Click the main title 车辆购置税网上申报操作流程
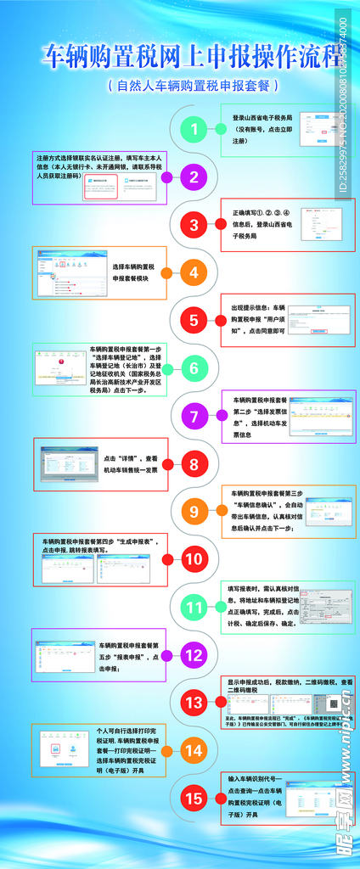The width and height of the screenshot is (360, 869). pyautogui.click(x=180, y=56)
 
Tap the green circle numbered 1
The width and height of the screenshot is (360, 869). pyautogui.click(x=194, y=130)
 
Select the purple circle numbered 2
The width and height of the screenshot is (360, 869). pyautogui.click(x=194, y=177)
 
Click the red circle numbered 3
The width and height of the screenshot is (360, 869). pyautogui.click(x=194, y=225)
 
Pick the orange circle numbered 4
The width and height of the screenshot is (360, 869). pyautogui.click(x=194, y=273)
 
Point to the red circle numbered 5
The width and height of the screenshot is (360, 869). pyautogui.click(x=194, y=321)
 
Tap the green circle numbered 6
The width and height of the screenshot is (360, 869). pyautogui.click(x=194, y=368)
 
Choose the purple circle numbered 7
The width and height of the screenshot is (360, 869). pyautogui.click(x=194, y=417)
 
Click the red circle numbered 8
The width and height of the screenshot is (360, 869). pyautogui.click(x=194, y=464)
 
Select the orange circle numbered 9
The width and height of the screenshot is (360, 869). pyautogui.click(x=194, y=512)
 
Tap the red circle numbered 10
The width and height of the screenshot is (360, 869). pyautogui.click(x=194, y=560)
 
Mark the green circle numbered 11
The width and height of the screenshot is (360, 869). pyautogui.click(x=194, y=608)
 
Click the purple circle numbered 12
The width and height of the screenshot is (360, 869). pyautogui.click(x=194, y=655)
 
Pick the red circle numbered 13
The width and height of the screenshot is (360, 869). pyautogui.click(x=194, y=703)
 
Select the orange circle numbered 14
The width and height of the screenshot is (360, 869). pyautogui.click(x=194, y=750)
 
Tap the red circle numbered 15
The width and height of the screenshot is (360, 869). pyautogui.click(x=194, y=799)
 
